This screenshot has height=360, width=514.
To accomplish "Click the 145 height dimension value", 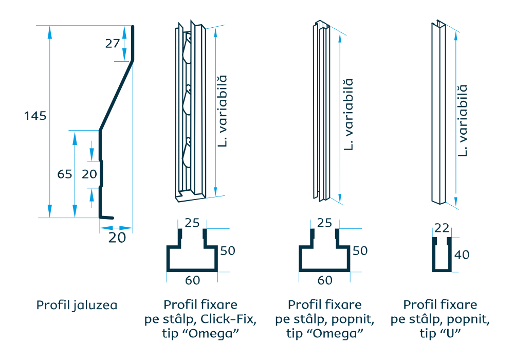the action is pyautogui.click(x=35, y=116).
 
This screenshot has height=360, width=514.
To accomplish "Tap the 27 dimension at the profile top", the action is pyautogui.click(x=113, y=43).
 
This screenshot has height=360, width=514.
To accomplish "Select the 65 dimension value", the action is pyautogui.click(x=65, y=174).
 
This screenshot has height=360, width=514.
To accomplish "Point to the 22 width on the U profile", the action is pyautogui.click(x=442, y=228).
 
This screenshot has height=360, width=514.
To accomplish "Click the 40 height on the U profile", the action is pyautogui.click(x=462, y=255).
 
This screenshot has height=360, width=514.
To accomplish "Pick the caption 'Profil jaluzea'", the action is pyautogui.click(x=77, y=305).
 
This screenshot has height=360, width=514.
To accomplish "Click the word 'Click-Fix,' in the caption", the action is pyautogui.click(x=228, y=319).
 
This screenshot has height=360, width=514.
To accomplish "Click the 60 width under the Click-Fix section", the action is pyautogui.click(x=192, y=280).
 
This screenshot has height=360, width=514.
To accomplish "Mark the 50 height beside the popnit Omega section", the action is pyautogui.click(x=360, y=251).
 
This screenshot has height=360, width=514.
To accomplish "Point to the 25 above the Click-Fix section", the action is pyautogui.click(x=192, y=223).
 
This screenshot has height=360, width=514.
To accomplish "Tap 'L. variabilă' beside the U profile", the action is pyautogui.click(x=462, y=121).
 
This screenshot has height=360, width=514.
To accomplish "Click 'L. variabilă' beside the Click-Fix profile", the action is pyautogui.click(x=222, y=111).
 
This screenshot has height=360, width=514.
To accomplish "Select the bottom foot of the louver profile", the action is pyautogui.click(x=106, y=218).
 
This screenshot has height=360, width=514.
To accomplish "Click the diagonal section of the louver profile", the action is pyautogui.click(x=116, y=96).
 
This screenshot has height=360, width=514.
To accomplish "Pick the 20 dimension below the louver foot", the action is pyautogui.click(x=117, y=238).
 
